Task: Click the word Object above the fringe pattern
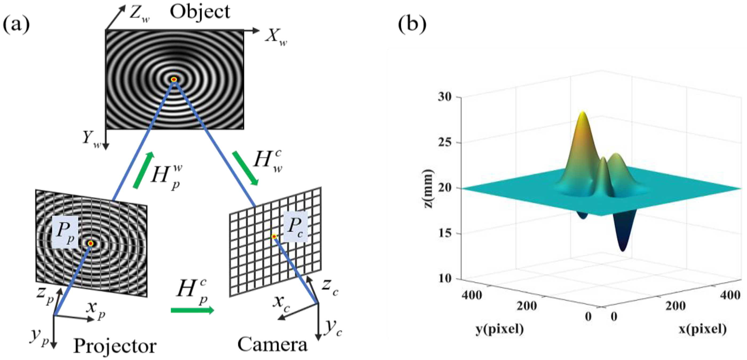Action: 200,12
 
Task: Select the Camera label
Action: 272,345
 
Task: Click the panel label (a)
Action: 16,25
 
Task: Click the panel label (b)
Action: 412,25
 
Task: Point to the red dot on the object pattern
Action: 174,80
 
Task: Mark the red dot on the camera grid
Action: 274,237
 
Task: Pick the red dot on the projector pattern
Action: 90,243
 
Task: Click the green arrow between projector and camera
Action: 192,310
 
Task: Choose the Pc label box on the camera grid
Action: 295,227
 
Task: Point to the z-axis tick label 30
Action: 444,97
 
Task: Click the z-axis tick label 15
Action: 444,234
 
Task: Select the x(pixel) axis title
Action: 702,329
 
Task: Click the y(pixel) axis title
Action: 500,329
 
